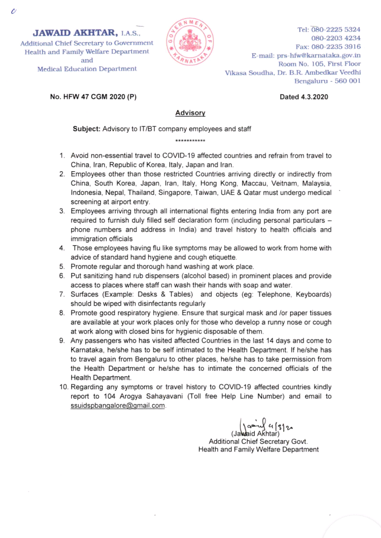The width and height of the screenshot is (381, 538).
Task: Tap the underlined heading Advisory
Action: (x=190, y=113)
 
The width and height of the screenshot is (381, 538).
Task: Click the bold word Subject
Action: (x=86, y=129)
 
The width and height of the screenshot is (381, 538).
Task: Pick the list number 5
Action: (x=62, y=267)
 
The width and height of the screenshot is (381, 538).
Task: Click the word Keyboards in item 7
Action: (x=310, y=294)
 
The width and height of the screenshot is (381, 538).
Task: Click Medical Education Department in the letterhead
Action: (x=87, y=69)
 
